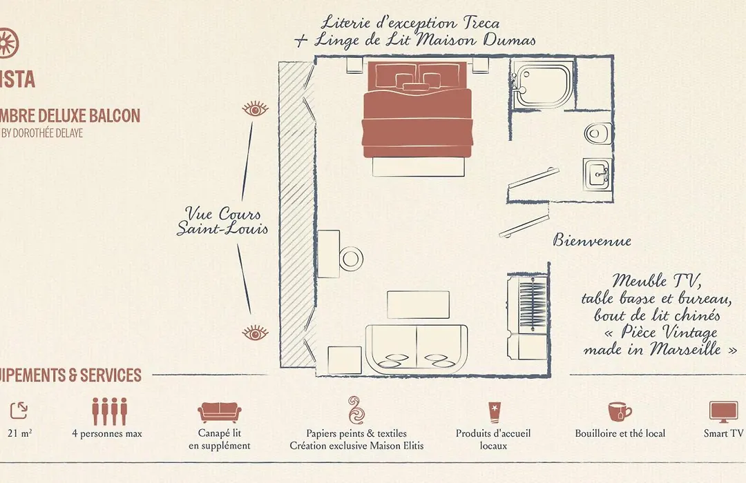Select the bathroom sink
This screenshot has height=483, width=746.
(597, 175)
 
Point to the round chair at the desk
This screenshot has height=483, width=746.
(351, 259)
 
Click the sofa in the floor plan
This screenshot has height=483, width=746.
(417, 350)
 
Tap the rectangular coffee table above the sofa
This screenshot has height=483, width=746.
(418, 305)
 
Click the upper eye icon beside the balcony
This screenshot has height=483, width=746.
(255, 109)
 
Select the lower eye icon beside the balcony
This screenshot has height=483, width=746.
(255, 333)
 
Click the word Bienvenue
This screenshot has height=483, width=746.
(592, 240)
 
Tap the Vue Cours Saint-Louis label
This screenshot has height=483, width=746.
(222, 221)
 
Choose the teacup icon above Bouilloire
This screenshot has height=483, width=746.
(620, 412)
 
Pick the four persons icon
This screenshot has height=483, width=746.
(109, 411)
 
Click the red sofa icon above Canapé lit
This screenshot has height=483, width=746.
(220, 412)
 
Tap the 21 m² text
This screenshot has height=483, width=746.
(20, 433)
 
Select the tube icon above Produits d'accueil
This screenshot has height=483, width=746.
(493, 412)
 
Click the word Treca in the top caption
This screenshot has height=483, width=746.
(481, 23)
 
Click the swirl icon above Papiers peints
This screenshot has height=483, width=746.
(356, 410)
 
